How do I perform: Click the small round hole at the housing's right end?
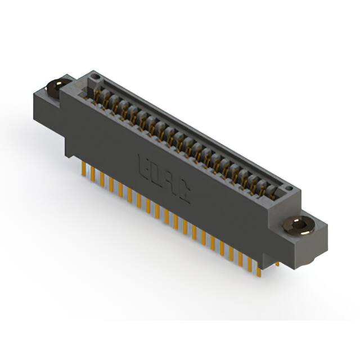(289, 190)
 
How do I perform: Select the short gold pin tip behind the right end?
(277, 263)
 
